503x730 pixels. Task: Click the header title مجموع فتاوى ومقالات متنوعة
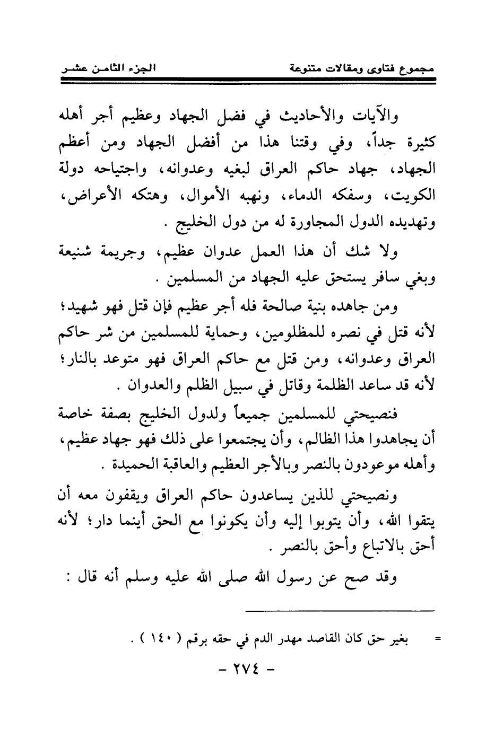coord(358,68)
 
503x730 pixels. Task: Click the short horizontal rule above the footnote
coord(340,610)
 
